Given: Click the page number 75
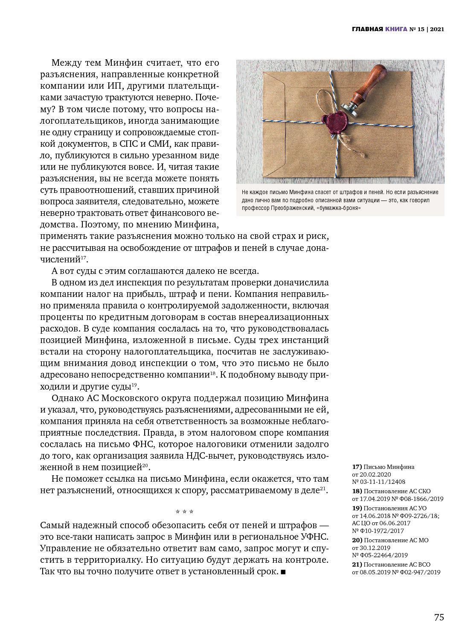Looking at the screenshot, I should (439, 617).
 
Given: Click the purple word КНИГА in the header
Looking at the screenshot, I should (396, 29).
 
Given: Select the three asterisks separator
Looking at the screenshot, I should (184, 512).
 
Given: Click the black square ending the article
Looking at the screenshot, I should (283, 572).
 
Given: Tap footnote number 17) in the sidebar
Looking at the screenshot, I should (357, 467).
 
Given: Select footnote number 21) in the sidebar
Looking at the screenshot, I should (357, 564).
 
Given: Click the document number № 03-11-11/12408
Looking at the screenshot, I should (378, 482).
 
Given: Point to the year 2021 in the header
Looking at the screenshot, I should (437, 29).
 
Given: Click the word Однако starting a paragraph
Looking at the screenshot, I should (67, 398).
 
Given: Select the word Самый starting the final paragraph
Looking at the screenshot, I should (55, 525).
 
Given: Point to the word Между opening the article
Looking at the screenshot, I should (67, 63).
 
